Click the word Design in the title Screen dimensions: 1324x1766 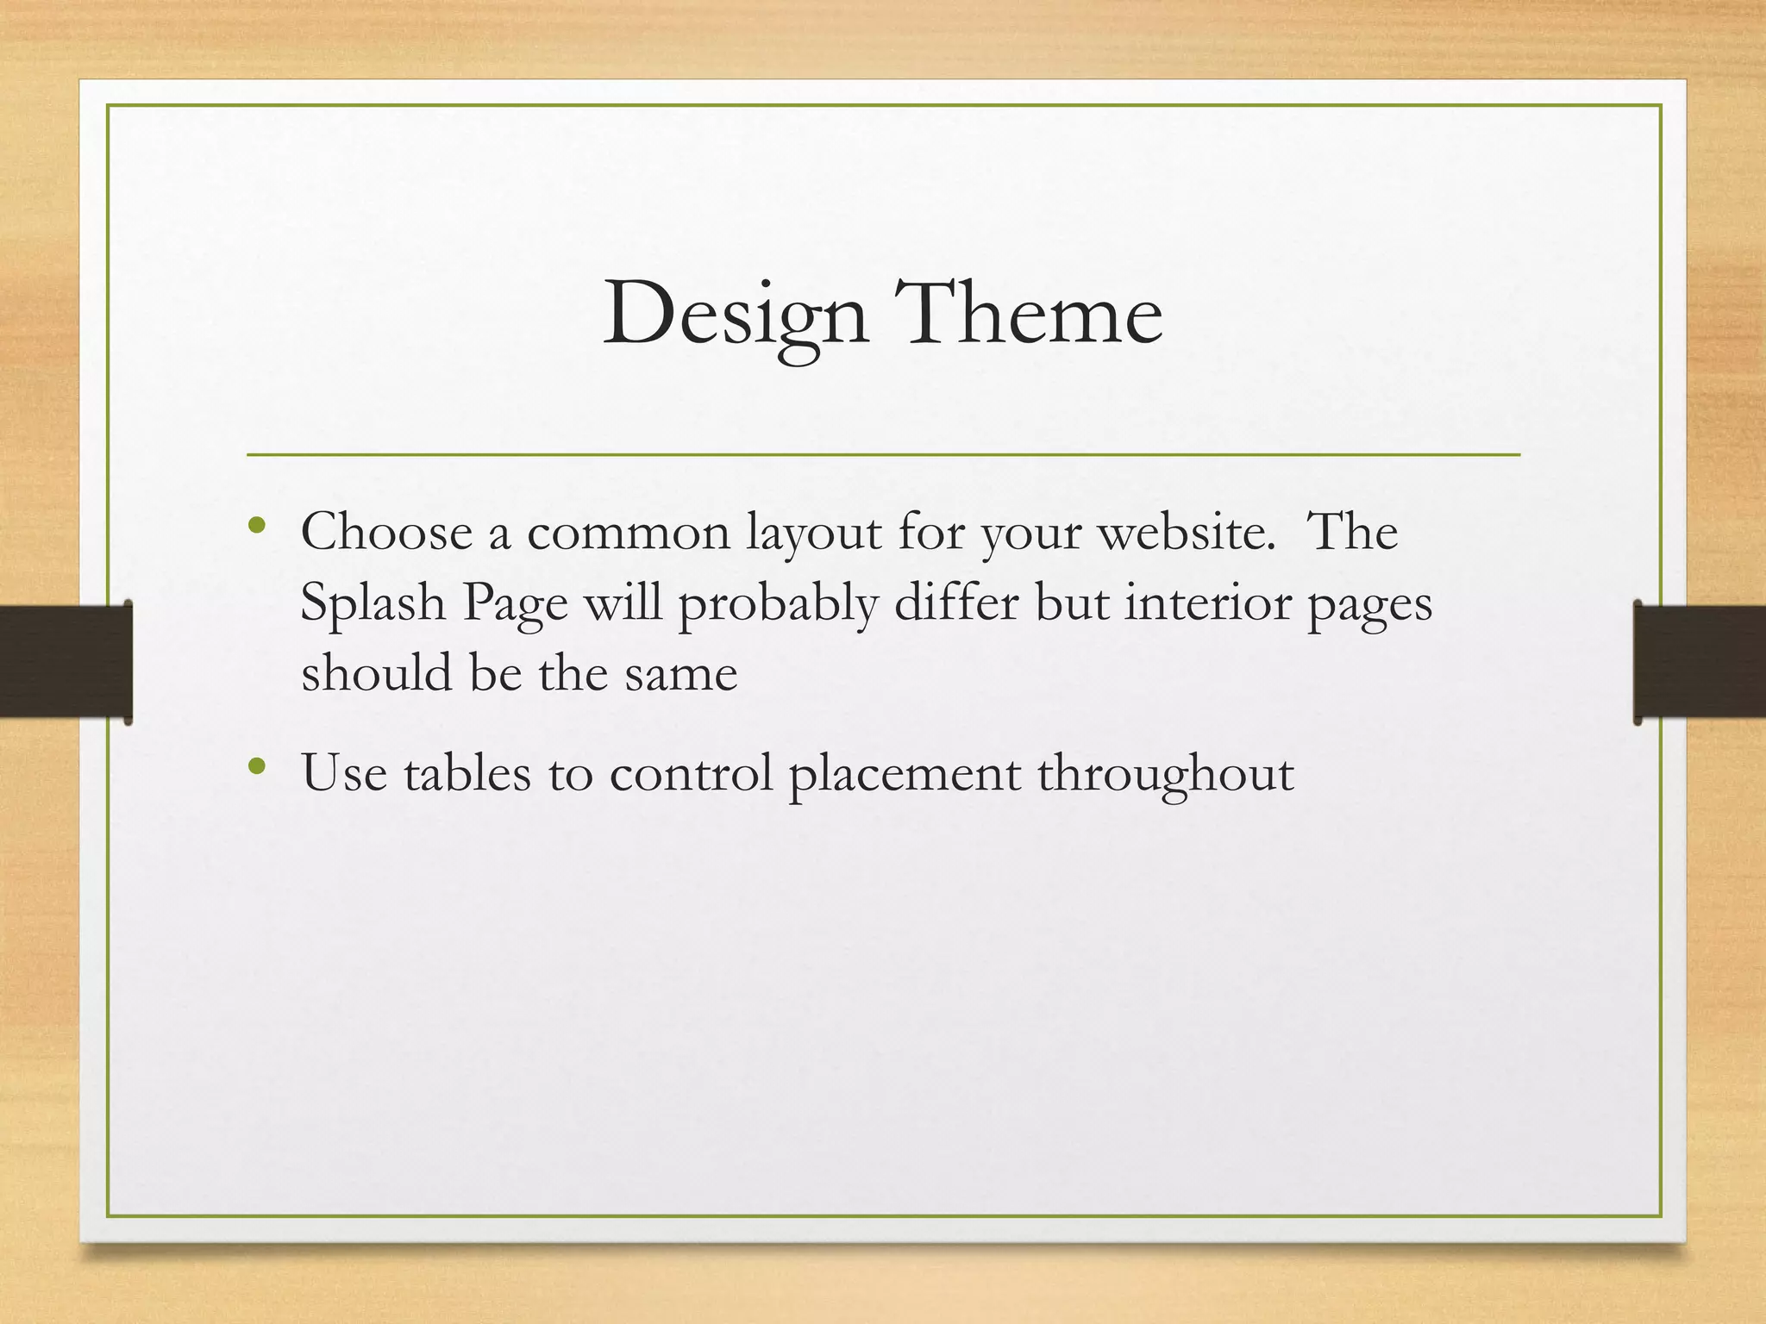coord(735,315)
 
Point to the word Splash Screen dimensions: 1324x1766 coord(373,603)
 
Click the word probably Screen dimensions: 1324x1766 coord(778,604)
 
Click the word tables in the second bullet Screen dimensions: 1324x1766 coord(467,773)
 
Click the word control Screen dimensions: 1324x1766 coord(691,773)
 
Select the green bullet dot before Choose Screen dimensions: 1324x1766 coord(255,525)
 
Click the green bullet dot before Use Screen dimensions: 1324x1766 coord(255,765)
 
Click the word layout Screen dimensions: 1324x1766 coord(813,534)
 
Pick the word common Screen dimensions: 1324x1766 coord(628,534)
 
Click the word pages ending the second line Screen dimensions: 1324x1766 coord(1369,604)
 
